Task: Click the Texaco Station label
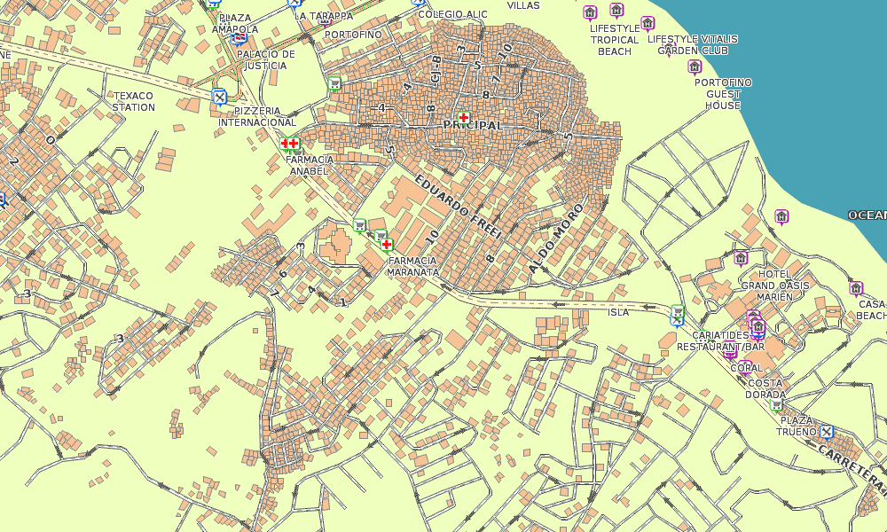[x=133, y=101]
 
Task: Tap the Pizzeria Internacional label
[x=257, y=116]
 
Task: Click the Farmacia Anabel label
[x=310, y=165]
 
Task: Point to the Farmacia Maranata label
[x=412, y=266]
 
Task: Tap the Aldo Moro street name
[x=556, y=237]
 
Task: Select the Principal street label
[x=473, y=126]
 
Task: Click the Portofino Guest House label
[x=723, y=94]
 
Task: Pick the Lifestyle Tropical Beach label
[x=615, y=40]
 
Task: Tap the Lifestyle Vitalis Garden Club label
[x=693, y=44]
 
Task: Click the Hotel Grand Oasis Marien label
[x=775, y=285]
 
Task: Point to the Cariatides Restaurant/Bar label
[x=720, y=341]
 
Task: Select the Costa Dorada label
[x=764, y=388]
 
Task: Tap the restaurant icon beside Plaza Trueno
[x=827, y=432]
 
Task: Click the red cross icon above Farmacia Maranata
[x=387, y=244]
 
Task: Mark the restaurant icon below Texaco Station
[x=220, y=97]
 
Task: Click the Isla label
[x=618, y=312]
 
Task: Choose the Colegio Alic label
[x=452, y=14]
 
